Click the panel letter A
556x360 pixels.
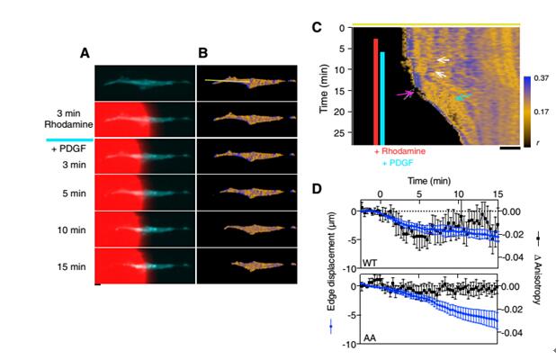pos(85,53)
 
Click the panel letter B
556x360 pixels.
pos(202,53)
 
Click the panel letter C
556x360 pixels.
pos(317,27)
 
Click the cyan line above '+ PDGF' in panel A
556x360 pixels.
pos(69,139)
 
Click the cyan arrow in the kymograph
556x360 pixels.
pos(462,96)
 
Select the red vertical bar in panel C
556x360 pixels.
pos(375,90)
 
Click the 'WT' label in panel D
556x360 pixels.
pos(369,262)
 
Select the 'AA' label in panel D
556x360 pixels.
pos(367,337)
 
